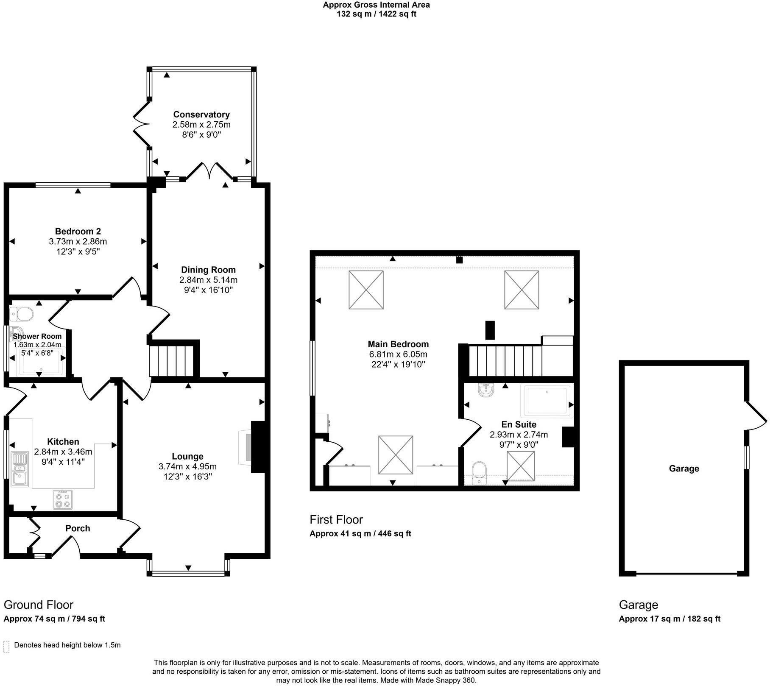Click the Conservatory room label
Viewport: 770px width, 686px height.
click(201, 114)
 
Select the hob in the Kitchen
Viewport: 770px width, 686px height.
click(63, 499)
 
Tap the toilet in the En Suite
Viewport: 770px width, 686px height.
click(479, 470)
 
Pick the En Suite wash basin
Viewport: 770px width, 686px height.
click(486, 390)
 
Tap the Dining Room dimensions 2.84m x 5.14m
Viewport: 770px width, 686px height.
click(208, 280)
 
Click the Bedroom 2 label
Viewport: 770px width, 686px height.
click(78, 231)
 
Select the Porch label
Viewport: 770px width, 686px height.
click(78, 528)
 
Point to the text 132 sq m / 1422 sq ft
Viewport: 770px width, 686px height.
click(376, 14)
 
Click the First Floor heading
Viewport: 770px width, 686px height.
click(336, 519)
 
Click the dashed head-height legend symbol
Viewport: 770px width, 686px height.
click(6, 647)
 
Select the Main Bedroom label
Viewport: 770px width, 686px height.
click(398, 344)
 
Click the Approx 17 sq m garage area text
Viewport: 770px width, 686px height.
click(670, 619)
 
